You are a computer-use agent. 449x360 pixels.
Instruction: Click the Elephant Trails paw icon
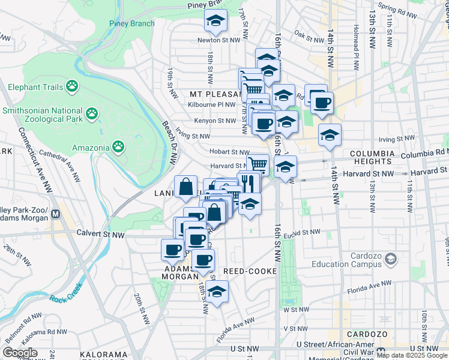pyautogui.click(x=72, y=86)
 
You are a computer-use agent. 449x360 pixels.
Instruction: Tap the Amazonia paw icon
pyautogui.click(x=119, y=146)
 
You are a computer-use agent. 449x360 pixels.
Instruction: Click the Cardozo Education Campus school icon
pyautogui.click(x=391, y=259)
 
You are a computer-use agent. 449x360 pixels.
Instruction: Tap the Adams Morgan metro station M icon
pyautogui.click(x=56, y=213)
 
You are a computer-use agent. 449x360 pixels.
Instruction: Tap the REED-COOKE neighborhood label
pyautogui.click(x=249, y=271)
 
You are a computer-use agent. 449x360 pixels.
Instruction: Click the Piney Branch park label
pyautogui.click(x=131, y=24)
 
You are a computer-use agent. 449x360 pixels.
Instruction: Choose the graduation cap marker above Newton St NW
pyautogui.click(x=214, y=22)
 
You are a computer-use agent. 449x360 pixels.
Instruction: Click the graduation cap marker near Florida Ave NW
pyautogui.click(x=217, y=292)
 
